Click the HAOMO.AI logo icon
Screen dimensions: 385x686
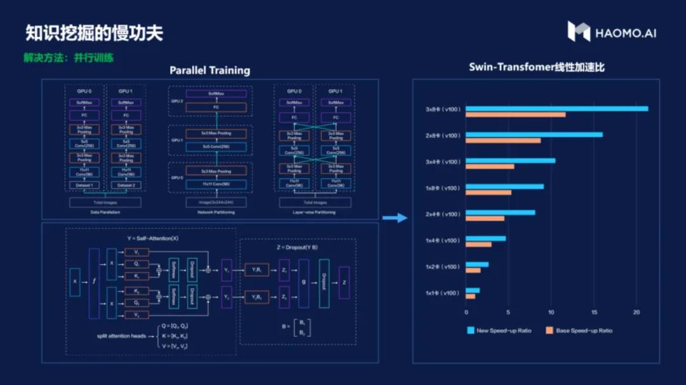coord(579,31)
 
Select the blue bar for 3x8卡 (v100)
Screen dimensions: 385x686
coord(556,109)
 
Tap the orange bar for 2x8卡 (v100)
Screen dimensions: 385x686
coord(503,140)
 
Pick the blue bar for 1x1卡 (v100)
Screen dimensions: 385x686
coord(473,290)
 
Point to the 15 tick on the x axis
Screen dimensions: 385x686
coord(594,312)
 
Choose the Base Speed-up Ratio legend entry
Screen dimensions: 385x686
coord(579,330)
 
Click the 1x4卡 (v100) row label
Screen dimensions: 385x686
coord(442,241)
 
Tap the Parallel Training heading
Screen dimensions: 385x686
coord(210,71)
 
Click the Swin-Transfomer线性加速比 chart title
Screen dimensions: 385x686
coord(537,67)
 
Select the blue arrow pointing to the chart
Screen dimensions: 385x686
coord(395,218)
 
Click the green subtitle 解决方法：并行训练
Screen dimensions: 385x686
coord(69,58)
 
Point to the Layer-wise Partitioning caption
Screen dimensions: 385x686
coord(316,212)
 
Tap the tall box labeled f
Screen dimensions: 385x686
coord(95,283)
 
